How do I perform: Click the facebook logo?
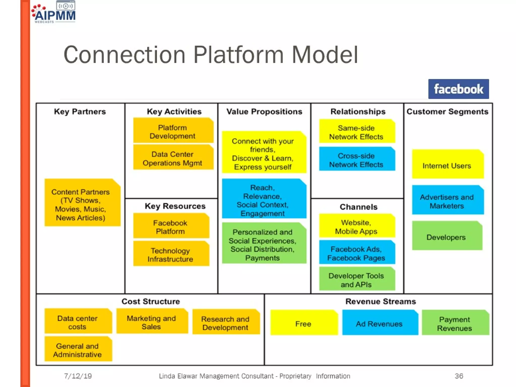click(x=458, y=89)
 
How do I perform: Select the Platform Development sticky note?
click(x=173, y=131)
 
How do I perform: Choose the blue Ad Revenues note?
click(x=379, y=323)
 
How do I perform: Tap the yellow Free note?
click(x=304, y=323)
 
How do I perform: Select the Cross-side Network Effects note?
click(x=357, y=160)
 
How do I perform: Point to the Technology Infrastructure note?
click(x=171, y=254)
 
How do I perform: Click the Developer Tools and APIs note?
click(x=357, y=280)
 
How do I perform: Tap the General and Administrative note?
click(x=78, y=350)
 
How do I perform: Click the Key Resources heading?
click(x=175, y=206)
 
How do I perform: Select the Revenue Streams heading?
click(x=380, y=301)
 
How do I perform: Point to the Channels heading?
click(x=358, y=207)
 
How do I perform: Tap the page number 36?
click(x=459, y=376)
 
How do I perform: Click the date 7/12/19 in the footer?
click(x=78, y=376)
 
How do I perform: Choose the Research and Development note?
click(x=225, y=323)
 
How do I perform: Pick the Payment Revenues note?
click(x=455, y=323)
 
